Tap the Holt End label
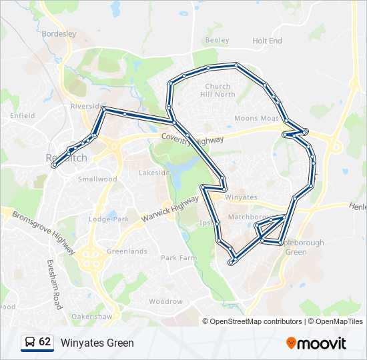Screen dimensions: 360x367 click(x=267, y=41)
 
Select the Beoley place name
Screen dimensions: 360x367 click(x=218, y=41)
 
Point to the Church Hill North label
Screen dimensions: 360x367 click(x=220, y=91)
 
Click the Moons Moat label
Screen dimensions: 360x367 click(x=256, y=119)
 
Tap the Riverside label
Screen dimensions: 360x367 click(x=85, y=107)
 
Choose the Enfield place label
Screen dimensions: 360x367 click(x=22, y=115)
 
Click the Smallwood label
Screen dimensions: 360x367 click(x=97, y=179)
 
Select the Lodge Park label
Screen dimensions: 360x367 click(x=108, y=219)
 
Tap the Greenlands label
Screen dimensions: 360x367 click(x=127, y=251)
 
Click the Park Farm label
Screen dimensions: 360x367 click(x=179, y=257)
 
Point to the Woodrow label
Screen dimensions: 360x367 click(x=165, y=301)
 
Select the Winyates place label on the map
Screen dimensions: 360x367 click(x=242, y=198)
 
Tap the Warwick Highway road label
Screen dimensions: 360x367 click(x=170, y=209)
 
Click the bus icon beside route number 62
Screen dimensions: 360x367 click(x=29, y=343)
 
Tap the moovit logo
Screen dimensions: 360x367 click(x=316, y=343)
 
